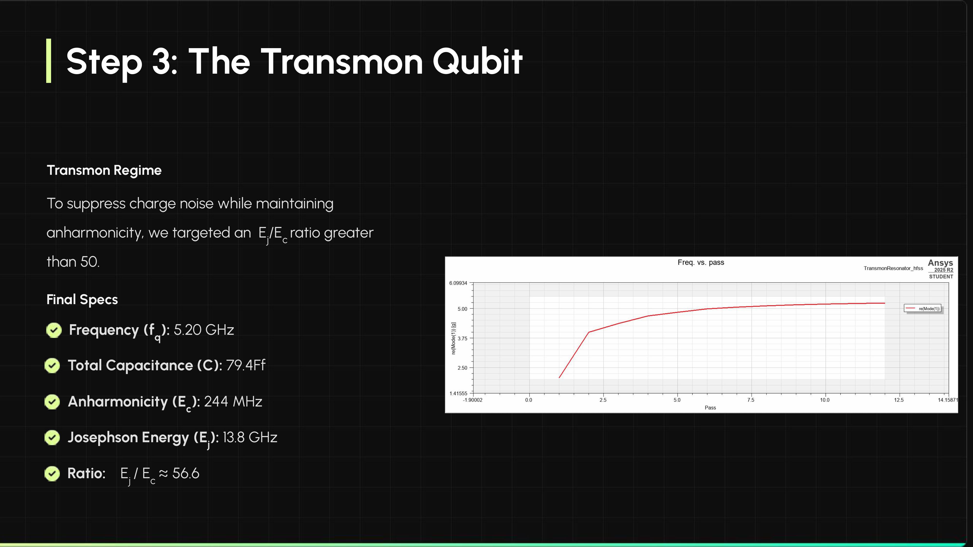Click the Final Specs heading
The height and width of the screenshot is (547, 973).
(82, 299)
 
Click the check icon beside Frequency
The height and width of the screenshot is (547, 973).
(54, 330)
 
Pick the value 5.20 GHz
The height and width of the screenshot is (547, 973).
(204, 330)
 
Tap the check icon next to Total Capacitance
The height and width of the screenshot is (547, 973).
(52, 365)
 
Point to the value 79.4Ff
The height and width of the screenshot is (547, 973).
(245, 365)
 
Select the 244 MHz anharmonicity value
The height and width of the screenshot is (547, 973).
(233, 401)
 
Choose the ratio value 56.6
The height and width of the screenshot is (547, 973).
(185, 473)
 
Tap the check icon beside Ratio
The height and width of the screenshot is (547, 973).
(52, 473)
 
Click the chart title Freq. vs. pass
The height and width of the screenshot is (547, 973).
(701, 262)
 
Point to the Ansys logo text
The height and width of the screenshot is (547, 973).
(940, 263)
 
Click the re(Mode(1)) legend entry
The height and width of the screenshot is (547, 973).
(922, 309)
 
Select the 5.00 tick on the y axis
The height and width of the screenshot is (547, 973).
(462, 309)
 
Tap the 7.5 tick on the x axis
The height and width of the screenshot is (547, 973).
(750, 400)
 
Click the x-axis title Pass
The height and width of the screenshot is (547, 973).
(710, 408)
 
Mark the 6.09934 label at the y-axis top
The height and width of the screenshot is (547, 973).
(458, 283)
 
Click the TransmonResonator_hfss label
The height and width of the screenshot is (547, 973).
(893, 268)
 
